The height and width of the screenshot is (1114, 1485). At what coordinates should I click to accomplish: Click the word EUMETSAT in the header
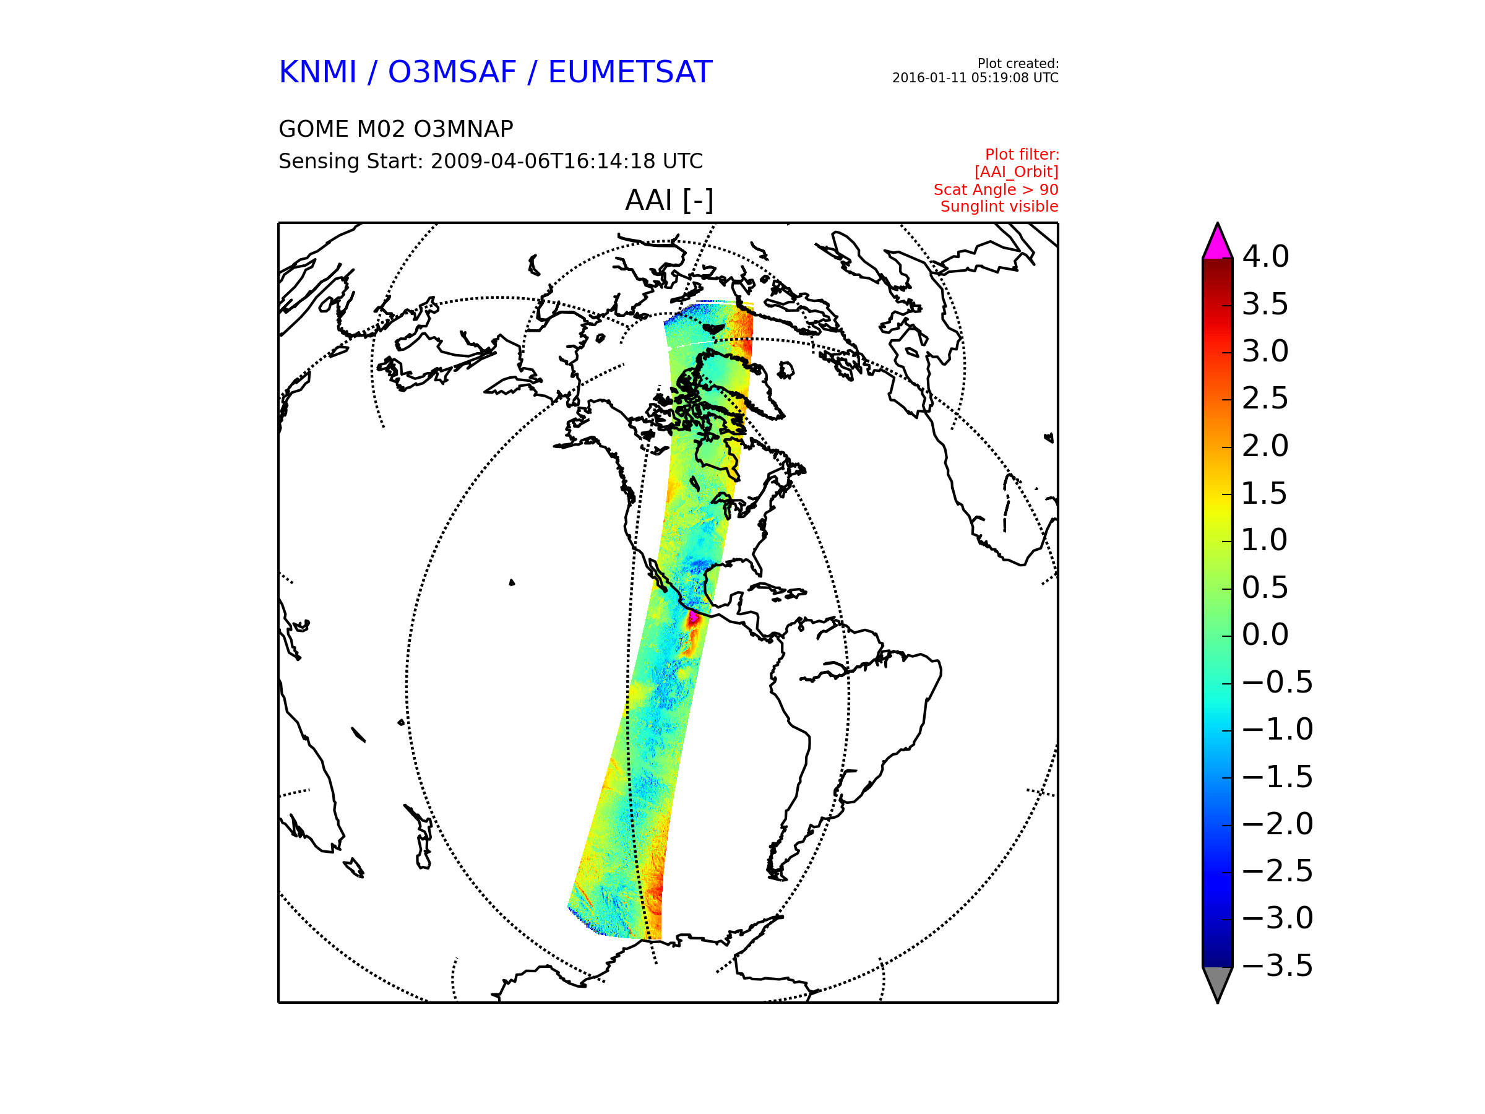click(630, 72)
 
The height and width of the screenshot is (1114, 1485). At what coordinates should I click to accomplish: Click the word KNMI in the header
click(317, 72)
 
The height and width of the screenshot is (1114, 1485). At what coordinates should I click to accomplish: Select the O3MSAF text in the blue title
click(452, 72)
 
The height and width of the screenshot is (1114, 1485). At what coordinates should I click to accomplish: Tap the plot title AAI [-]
click(669, 200)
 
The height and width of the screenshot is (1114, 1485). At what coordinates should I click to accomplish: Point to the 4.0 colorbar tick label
click(1265, 256)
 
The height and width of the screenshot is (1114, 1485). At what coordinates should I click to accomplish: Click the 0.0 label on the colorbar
click(1265, 634)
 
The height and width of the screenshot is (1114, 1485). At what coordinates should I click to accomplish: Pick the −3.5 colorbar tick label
click(1277, 965)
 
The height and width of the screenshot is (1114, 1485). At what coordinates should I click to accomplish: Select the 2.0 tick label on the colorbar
click(1265, 446)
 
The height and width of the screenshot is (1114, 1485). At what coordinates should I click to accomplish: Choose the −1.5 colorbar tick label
click(1277, 777)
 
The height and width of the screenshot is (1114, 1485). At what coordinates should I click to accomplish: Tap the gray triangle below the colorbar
click(1217, 982)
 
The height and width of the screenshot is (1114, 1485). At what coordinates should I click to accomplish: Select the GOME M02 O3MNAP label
click(395, 129)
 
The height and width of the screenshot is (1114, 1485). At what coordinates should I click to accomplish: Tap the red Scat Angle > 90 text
click(996, 190)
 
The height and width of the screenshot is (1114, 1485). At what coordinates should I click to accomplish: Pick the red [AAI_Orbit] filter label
click(1016, 173)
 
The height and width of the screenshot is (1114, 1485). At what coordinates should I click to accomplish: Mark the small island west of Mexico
click(512, 582)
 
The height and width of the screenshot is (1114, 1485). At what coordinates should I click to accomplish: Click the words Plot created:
click(1018, 64)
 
